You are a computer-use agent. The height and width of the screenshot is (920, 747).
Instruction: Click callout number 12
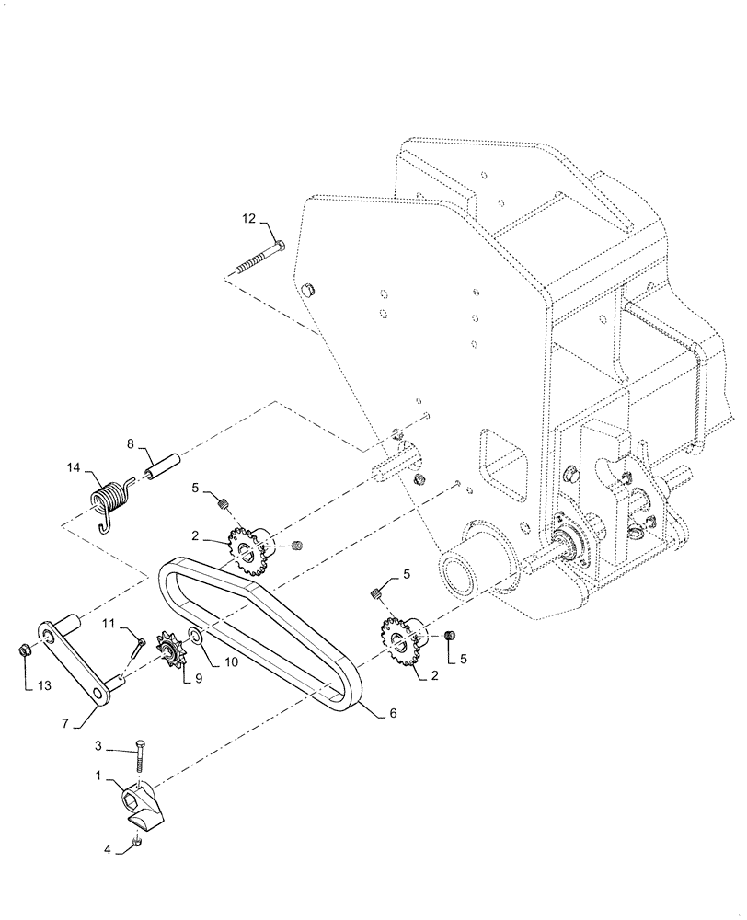point(248,219)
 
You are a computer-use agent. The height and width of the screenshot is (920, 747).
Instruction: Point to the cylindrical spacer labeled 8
point(158,465)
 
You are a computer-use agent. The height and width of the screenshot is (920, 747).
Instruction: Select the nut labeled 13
point(27,652)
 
